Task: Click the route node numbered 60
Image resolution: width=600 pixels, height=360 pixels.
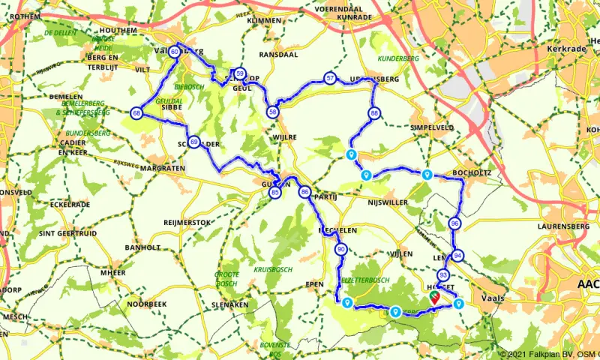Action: pos(174,52)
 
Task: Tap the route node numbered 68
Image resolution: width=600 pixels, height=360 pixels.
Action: pos(136,113)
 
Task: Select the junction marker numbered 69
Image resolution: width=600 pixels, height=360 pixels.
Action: pos(193,142)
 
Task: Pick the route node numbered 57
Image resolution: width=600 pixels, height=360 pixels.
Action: pos(330,78)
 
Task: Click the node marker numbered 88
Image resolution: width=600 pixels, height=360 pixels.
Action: pos(373,113)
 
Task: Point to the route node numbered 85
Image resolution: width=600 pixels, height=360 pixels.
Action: pos(275,193)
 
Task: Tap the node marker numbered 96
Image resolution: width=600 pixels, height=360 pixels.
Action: pos(455,223)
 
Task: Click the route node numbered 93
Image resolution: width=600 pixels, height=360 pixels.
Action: pos(443,275)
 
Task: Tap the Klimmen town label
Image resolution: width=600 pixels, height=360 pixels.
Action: pos(263,21)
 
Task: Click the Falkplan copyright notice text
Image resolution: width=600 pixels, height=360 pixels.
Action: pos(549,354)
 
